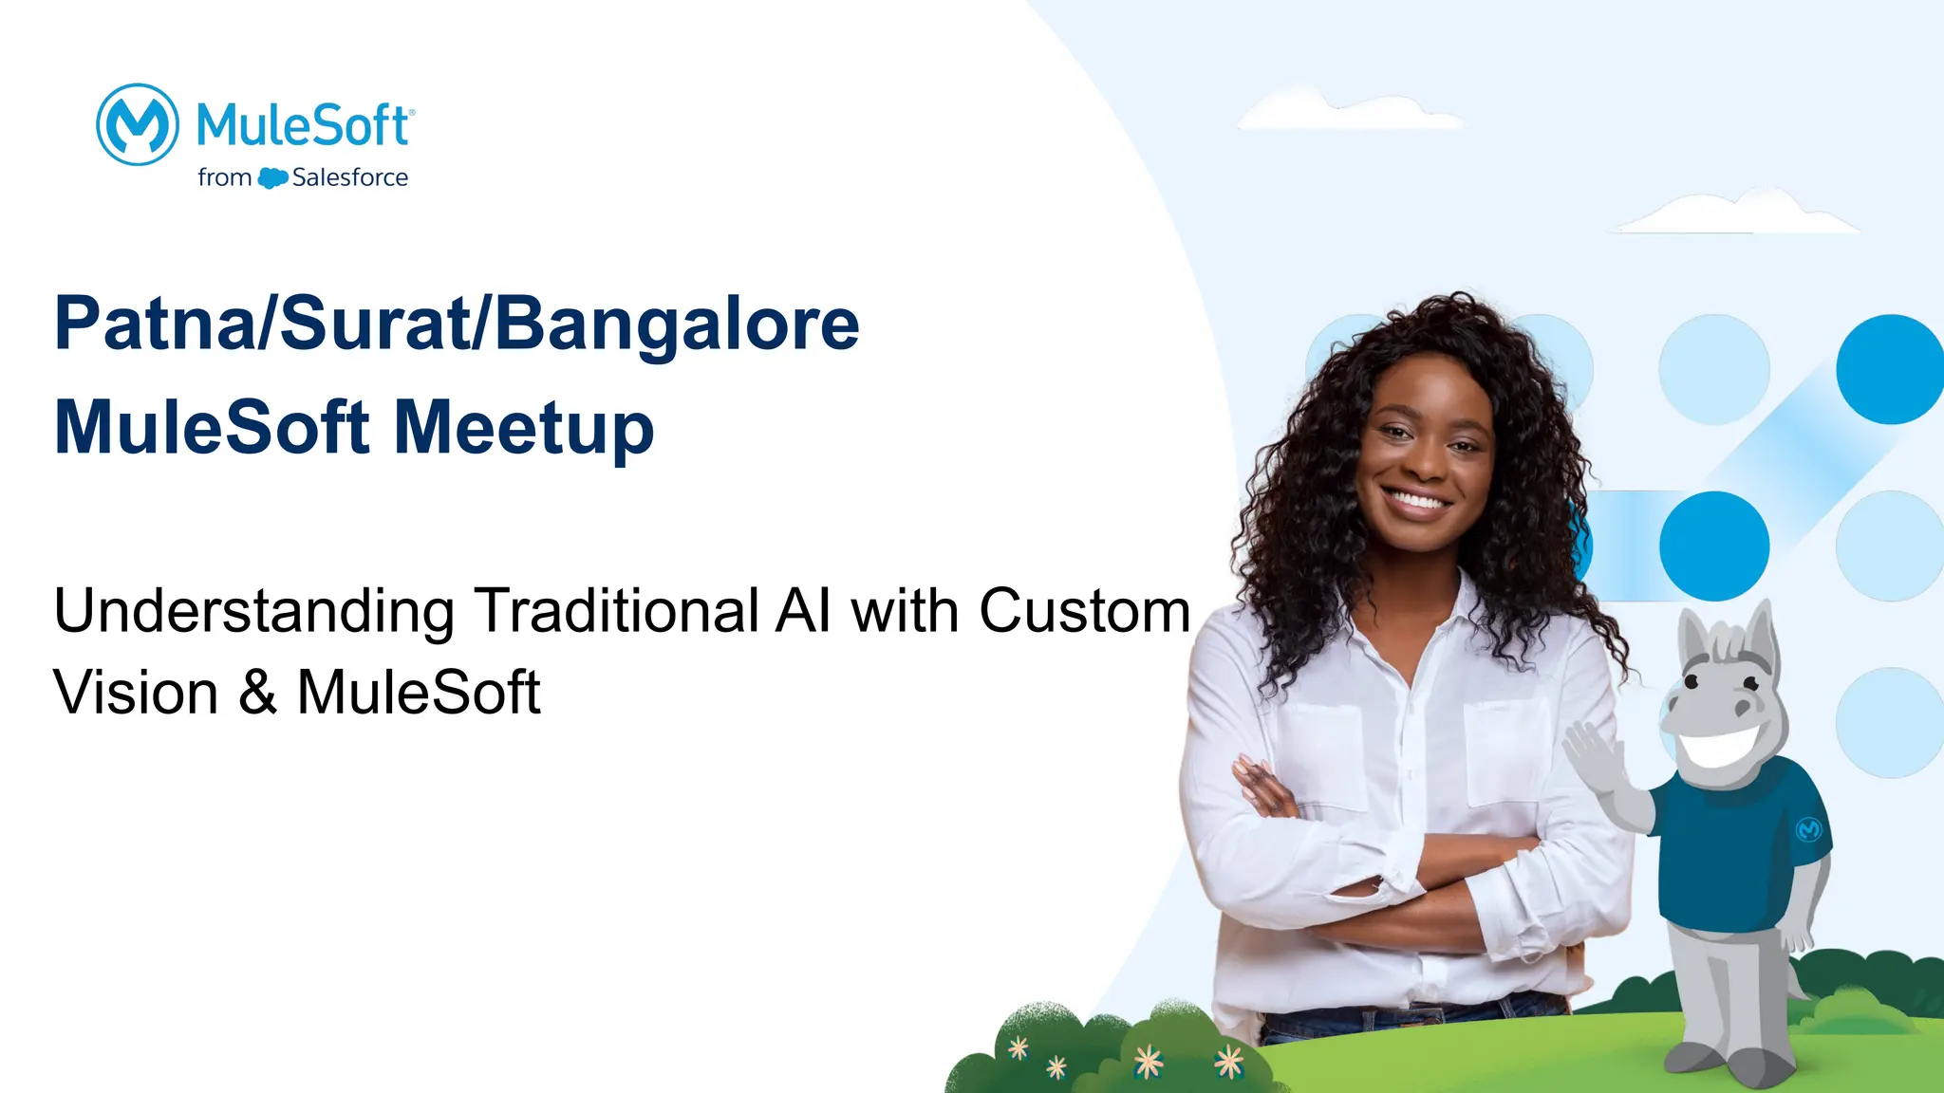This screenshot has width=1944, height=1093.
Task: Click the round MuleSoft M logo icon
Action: click(x=138, y=124)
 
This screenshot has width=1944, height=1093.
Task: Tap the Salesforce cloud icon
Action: click(x=272, y=177)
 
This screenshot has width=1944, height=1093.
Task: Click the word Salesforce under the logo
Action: click(x=349, y=177)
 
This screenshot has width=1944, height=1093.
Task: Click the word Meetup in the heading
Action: click(x=524, y=429)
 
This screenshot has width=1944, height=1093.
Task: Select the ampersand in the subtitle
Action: click(x=257, y=692)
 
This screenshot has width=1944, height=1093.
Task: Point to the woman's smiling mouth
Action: click(x=1415, y=499)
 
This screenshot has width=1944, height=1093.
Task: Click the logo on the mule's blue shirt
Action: click(x=1808, y=829)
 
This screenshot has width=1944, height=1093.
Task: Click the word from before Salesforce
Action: click(x=224, y=177)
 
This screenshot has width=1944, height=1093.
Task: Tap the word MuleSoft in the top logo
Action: click(x=303, y=126)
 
